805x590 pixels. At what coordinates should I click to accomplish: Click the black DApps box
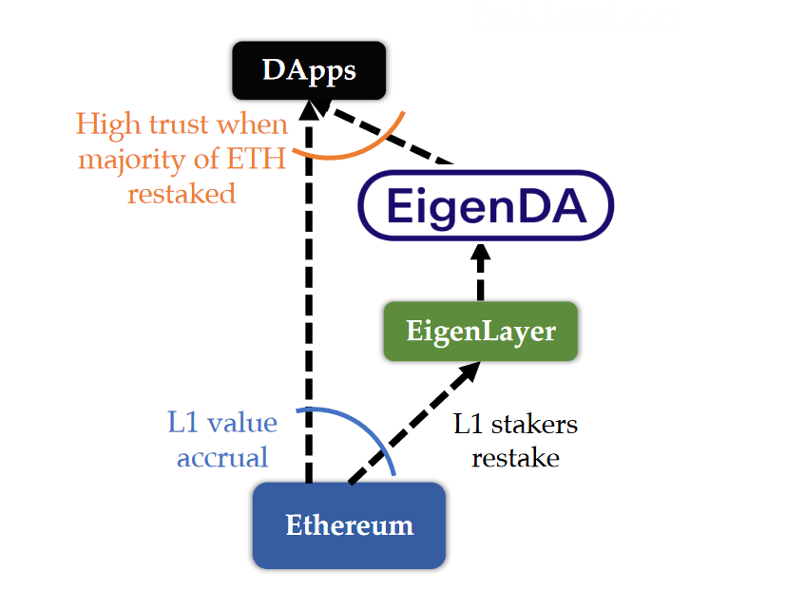point(309,70)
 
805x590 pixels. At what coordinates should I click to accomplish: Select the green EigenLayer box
point(480,332)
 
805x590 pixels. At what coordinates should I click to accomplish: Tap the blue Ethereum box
point(349,524)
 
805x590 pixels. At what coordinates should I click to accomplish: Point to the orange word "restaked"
point(181,193)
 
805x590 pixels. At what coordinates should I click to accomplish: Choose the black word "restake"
point(515,457)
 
